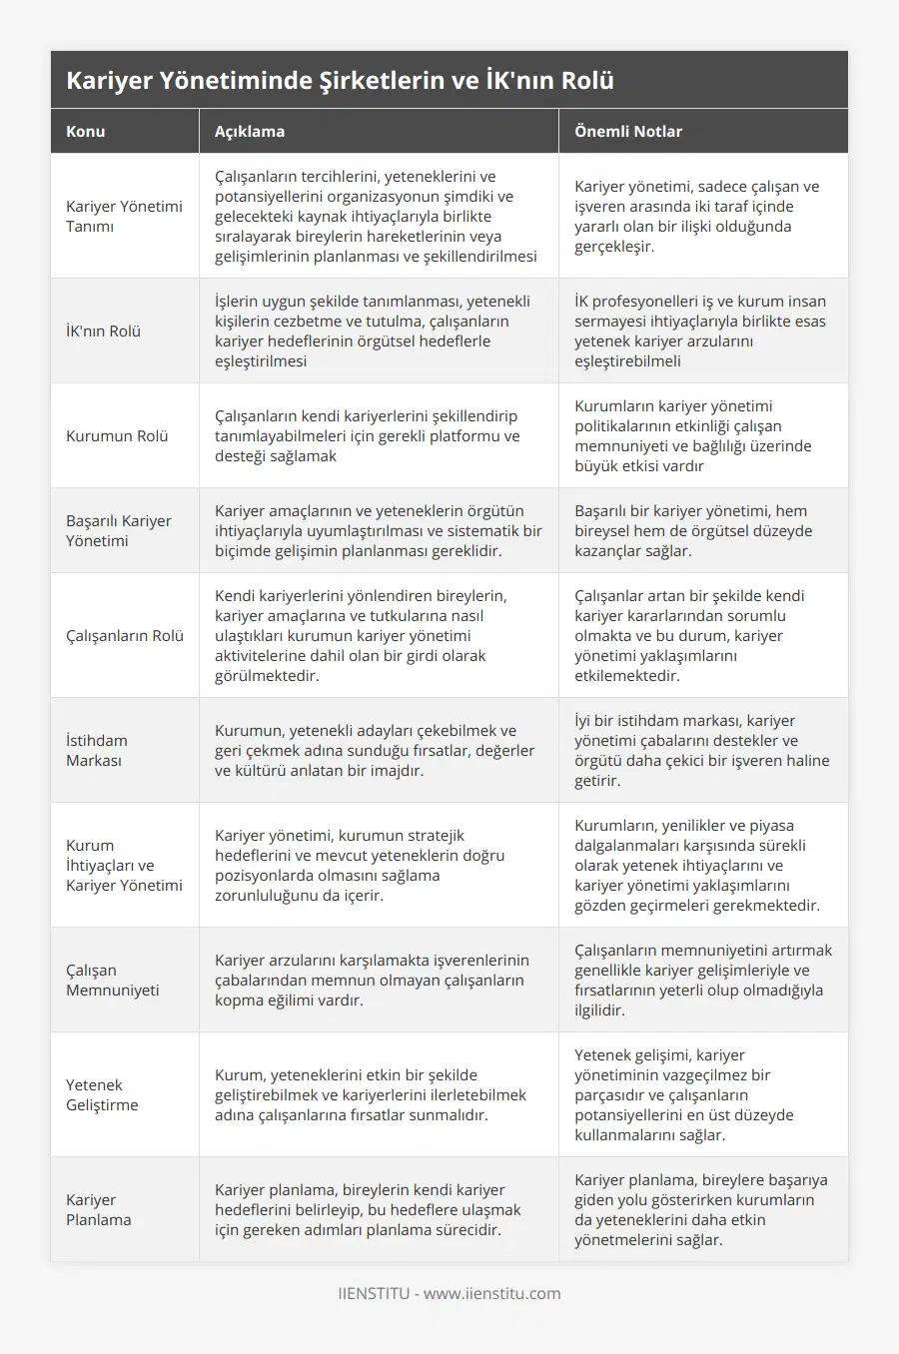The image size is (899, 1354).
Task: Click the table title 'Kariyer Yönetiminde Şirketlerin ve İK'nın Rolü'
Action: click(x=340, y=81)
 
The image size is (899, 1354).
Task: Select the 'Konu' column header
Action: click(x=86, y=131)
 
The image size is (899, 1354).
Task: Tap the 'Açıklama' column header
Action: click(x=250, y=131)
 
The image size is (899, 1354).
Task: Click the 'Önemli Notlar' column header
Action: click(x=628, y=131)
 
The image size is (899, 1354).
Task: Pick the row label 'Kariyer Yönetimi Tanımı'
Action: click(x=124, y=216)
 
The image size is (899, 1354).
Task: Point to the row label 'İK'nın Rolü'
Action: click(x=103, y=331)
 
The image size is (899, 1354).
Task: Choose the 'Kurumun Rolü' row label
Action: click(x=117, y=435)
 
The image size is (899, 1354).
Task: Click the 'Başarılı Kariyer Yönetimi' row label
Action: click(x=119, y=530)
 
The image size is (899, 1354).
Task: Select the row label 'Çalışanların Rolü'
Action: click(x=125, y=635)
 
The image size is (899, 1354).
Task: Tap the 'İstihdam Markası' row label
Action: click(x=97, y=750)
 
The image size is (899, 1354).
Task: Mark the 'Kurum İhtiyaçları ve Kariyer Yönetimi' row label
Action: click(x=124, y=865)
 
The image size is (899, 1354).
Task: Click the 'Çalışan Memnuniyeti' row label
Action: click(x=113, y=980)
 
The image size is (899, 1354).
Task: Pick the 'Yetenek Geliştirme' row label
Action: click(x=102, y=1094)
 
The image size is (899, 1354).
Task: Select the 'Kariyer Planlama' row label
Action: click(x=99, y=1209)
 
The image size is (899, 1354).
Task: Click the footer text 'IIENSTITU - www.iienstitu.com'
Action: click(x=449, y=1293)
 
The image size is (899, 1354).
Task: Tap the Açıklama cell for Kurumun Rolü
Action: click(x=368, y=435)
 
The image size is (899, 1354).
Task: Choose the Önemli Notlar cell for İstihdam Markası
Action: click(x=701, y=750)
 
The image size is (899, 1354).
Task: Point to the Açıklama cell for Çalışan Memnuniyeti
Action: click(x=372, y=980)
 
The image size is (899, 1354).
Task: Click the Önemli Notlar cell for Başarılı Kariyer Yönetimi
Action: click(x=693, y=530)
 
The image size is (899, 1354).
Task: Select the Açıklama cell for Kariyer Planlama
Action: click(x=368, y=1209)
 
